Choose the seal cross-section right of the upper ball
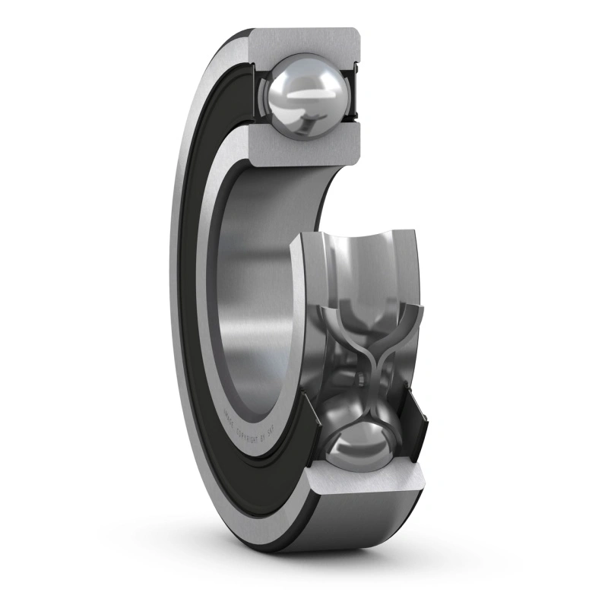353,95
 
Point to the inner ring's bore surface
251,289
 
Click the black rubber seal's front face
201,304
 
